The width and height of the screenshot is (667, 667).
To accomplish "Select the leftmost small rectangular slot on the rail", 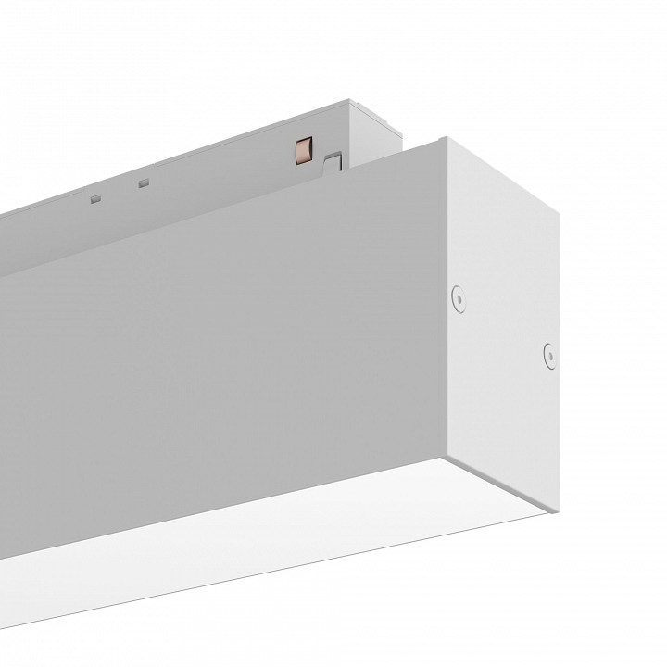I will pyautogui.click(x=95, y=197).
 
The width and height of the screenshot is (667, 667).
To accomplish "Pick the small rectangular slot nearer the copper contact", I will pyautogui.click(x=143, y=182).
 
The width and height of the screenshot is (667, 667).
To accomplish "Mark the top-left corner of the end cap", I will pyautogui.click(x=443, y=138).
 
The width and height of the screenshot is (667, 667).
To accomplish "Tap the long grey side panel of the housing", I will pyautogui.click(x=232, y=352).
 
